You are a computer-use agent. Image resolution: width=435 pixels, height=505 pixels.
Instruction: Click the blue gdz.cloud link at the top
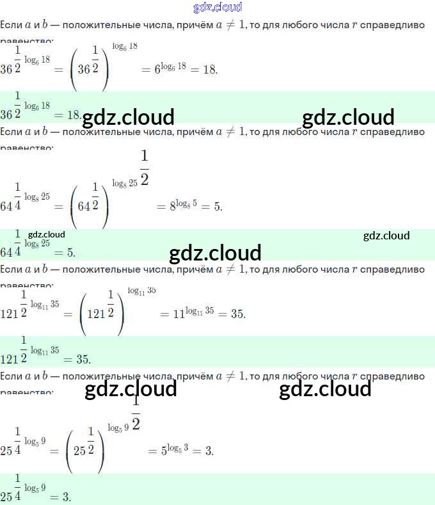pyautogui.click(x=217, y=7)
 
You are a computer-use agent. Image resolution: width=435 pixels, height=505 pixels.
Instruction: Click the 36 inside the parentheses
pyautogui.click(x=84, y=69)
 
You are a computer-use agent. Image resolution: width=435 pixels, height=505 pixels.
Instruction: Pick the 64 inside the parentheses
pyautogui.click(x=84, y=207)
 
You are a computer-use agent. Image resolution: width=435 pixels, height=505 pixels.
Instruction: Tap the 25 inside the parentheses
pyautogui.click(x=79, y=451)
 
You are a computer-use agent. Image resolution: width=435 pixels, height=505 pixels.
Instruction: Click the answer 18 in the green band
pyautogui.click(x=73, y=115)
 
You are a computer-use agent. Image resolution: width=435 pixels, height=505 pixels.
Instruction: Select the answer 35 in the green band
pyautogui.click(x=83, y=360)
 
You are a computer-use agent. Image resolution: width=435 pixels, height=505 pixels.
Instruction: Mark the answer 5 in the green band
pyautogui.click(x=71, y=252)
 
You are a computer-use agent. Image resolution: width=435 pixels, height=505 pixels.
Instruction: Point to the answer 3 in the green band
pyautogui.click(x=67, y=497)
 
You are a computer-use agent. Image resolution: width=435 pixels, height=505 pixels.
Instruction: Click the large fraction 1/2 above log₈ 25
pyautogui.click(x=144, y=168)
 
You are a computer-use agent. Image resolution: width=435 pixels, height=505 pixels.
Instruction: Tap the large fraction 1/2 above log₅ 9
pyautogui.click(x=136, y=415)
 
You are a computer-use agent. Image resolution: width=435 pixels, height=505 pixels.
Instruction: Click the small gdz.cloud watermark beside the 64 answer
pyautogui.click(x=47, y=234)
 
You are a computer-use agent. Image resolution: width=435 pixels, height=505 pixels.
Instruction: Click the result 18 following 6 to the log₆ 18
pyautogui.click(x=209, y=69)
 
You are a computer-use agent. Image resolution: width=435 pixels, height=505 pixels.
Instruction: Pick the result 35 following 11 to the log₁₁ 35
pyautogui.click(x=237, y=314)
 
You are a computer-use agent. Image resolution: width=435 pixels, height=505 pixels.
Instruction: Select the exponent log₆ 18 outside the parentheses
pyautogui.click(x=125, y=46)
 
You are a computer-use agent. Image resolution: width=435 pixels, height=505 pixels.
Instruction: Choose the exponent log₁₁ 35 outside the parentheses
pyautogui.click(x=141, y=291)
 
